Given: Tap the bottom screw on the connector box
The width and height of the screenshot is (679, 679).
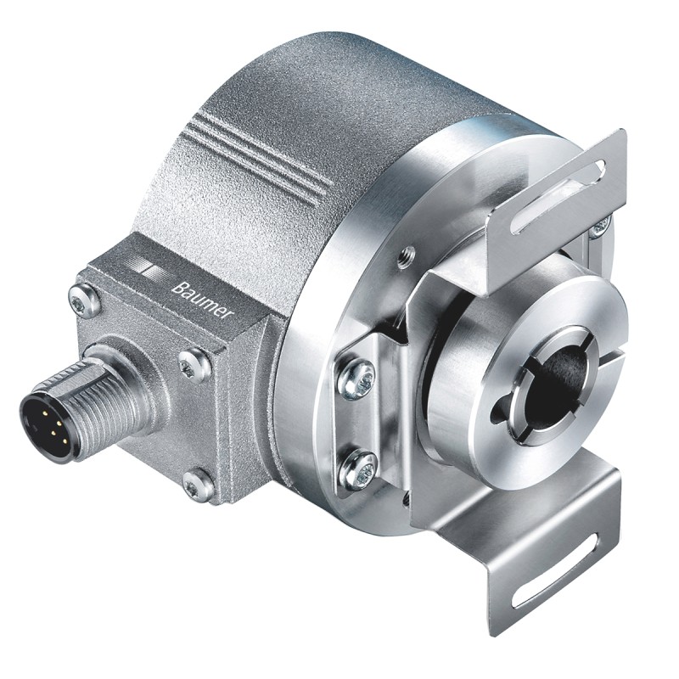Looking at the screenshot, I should pos(198,484).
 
